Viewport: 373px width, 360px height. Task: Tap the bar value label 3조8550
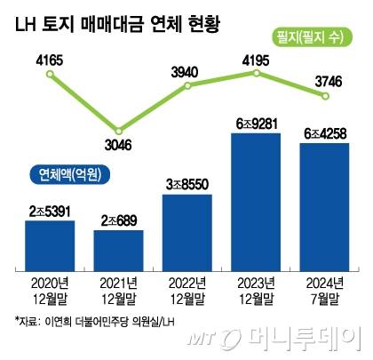click(186, 184)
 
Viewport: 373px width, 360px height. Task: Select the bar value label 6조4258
click(324, 133)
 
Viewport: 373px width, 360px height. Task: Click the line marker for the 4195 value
click(256, 74)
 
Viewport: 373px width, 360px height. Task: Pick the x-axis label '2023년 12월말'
click(256, 291)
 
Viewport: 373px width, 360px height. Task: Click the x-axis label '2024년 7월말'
click(324, 291)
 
